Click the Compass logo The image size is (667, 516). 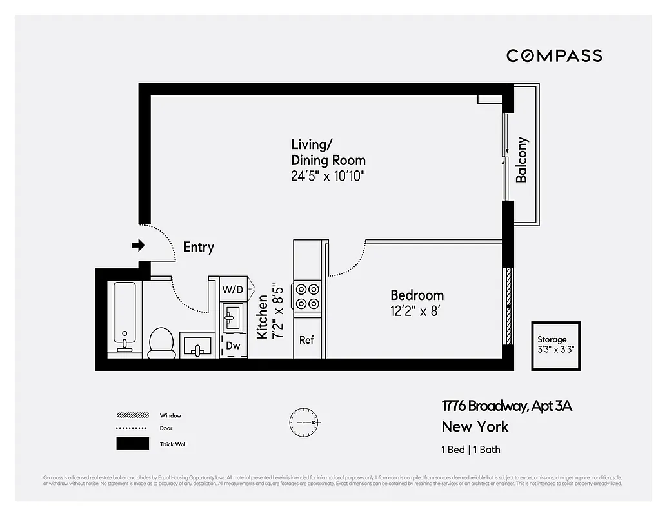pyautogui.click(x=554, y=55)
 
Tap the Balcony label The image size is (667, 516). pyautogui.click(x=522, y=159)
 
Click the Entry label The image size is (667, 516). pyautogui.click(x=199, y=247)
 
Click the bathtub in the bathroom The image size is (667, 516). pyautogui.click(x=124, y=316)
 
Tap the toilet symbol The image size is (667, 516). pyautogui.click(x=161, y=342)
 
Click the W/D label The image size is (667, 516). pyautogui.click(x=233, y=290)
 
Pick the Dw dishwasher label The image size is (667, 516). pyautogui.click(x=233, y=346)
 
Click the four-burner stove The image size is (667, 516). pyautogui.click(x=307, y=296)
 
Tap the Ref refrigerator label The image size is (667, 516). pyautogui.click(x=306, y=339)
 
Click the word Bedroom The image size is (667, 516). pyautogui.click(x=417, y=295)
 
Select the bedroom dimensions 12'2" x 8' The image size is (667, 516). pyautogui.click(x=416, y=312)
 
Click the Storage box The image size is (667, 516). pyautogui.click(x=555, y=345)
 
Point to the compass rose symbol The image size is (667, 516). pyautogui.click(x=304, y=422)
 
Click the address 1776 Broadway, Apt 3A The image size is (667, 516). pyautogui.click(x=506, y=406)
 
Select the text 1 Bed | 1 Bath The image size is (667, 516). pyautogui.click(x=471, y=450)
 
